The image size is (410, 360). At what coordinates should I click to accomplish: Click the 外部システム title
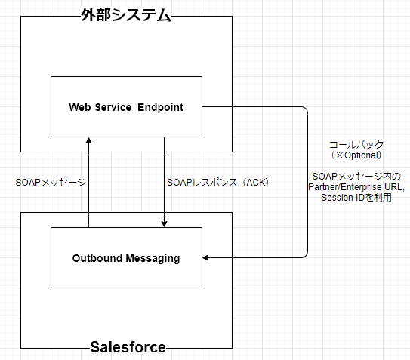[x=126, y=15]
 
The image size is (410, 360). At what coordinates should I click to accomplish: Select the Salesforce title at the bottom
[x=128, y=347]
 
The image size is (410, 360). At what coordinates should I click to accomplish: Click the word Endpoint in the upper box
[x=160, y=107]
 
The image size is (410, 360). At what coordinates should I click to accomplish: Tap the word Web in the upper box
[x=80, y=107]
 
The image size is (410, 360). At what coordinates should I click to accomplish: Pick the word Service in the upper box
[x=113, y=107]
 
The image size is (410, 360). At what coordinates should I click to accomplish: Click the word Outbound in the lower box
[x=97, y=258]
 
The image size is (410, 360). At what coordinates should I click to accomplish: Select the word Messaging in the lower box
[x=153, y=259]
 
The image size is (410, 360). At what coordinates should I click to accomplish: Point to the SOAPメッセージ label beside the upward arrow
[x=51, y=182]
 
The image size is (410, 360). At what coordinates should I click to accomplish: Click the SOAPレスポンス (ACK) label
[x=217, y=182]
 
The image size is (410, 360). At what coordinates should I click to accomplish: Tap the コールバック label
[x=356, y=145]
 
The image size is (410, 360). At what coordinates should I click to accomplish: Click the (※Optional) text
[x=356, y=155]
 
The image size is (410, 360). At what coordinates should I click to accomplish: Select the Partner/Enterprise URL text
[x=356, y=187]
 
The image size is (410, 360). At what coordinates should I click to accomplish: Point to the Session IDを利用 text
[x=356, y=198]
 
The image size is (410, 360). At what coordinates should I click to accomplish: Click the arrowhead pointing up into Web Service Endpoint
[x=89, y=140]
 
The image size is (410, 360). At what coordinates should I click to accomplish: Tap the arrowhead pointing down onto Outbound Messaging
[x=164, y=224]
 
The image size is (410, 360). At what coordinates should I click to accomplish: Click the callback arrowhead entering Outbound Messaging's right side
[x=205, y=258]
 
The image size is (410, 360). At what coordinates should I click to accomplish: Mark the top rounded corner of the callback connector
[x=306, y=109]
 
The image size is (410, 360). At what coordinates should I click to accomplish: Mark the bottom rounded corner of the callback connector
[x=306, y=256]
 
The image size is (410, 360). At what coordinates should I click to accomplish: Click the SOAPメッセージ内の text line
[x=356, y=177]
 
